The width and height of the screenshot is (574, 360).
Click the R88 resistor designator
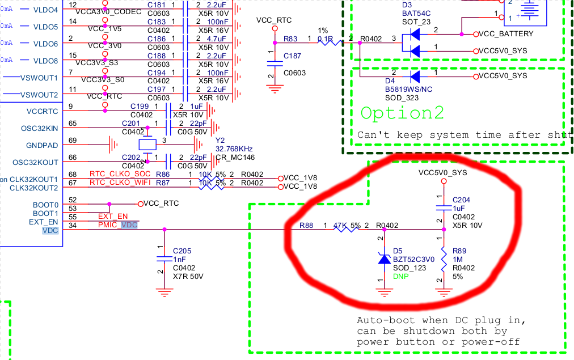tap(306, 225)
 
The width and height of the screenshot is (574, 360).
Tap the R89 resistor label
tap(459, 250)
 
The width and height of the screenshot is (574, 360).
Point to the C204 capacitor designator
tap(461, 200)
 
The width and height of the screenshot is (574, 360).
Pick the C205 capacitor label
tap(182, 250)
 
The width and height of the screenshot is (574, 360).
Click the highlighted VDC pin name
tap(50, 230)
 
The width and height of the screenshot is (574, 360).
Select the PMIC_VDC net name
tap(117, 225)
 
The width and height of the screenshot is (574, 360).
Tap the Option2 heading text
tap(403, 112)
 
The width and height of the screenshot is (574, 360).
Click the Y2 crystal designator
tap(220, 139)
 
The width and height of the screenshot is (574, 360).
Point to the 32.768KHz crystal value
tap(234, 149)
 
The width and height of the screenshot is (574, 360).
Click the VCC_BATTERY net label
tap(506, 34)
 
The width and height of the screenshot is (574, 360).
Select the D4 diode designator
tap(391, 81)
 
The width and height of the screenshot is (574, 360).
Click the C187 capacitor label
tap(293, 56)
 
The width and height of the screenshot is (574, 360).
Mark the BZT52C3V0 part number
tap(413, 259)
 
